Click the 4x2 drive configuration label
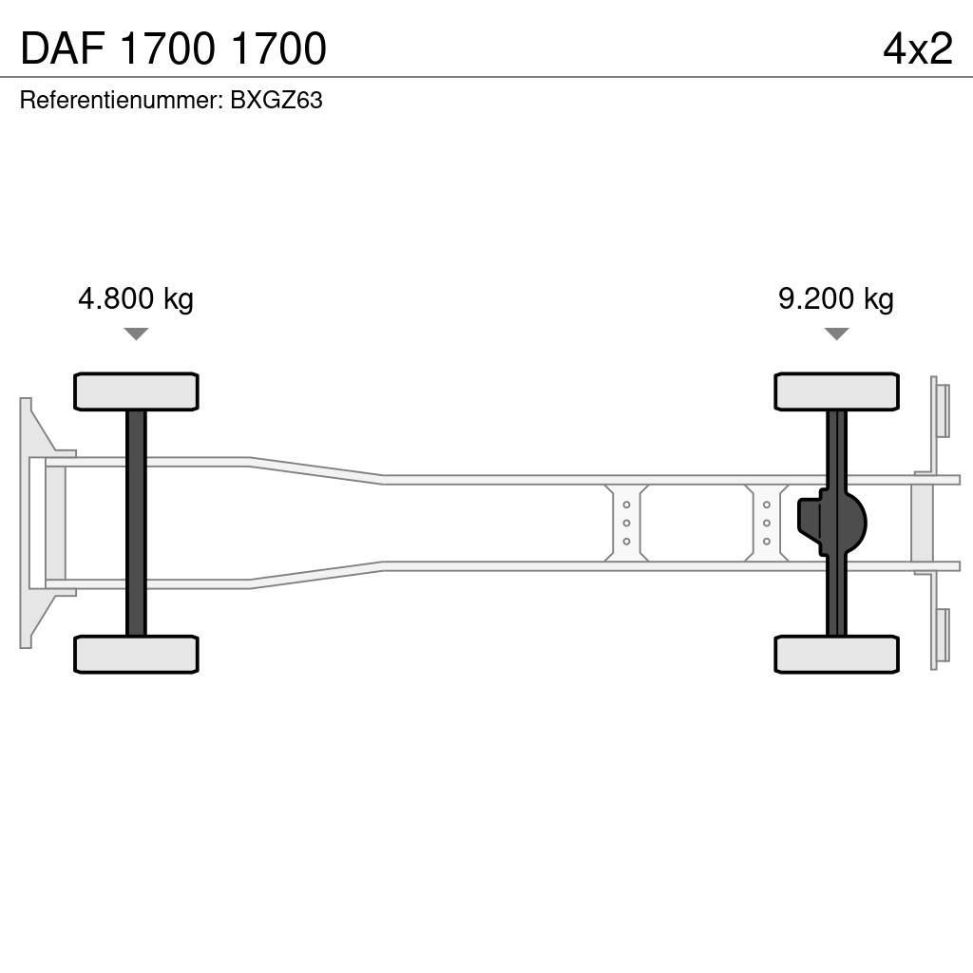click(x=917, y=48)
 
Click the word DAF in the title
click(x=62, y=49)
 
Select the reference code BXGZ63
click(x=277, y=101)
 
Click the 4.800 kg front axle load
click(x=136, y=299)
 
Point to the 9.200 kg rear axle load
click(x=835, y=299)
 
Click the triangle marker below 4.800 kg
click(x=136, y=334)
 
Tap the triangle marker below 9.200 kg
click(x=835, y=334)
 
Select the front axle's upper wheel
click(x=136, y=391)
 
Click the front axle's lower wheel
click(x=136, y=654)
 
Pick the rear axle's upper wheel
click(x=836, y=391)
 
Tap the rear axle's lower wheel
click(x=836, y=654)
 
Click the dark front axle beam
click(x=136, y=523)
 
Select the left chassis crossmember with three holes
click(x=626, y=523)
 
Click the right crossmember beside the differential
click(x=766, y=523)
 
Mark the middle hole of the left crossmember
click(x=626, y=523)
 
